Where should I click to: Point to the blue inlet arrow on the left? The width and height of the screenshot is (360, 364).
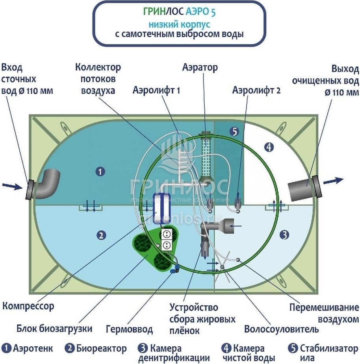pyautogui.click(x=12, y=186)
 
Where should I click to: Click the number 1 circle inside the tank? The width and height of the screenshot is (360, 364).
pyautogui.click(x=101, y=171)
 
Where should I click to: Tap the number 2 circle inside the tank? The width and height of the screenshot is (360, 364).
pyautogui.click(x=101, y=235)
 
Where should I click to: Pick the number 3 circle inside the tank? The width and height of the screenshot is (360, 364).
pyautogui.click(x=284, y=235)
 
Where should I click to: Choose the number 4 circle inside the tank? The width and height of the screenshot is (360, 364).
pyautogui.click(x=269, y=147)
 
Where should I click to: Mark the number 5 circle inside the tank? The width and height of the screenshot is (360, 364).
pyautogui.click(x=234, y=132)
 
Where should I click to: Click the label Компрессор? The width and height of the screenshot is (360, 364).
pyautogui.click(x=28, y=305)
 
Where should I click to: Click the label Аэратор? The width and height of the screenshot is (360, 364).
pyautogui.click(x=200, y=67)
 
